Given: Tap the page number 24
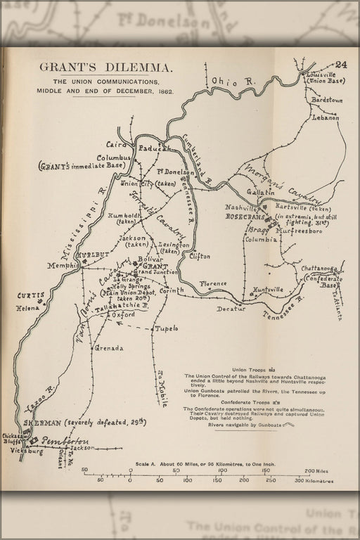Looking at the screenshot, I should (x=341, y=65).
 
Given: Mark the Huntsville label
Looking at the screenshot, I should (x=269, y=289).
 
